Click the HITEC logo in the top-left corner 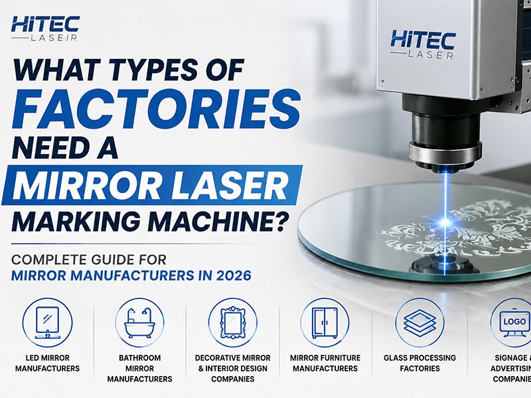pyautogui.click(x=45, y=29)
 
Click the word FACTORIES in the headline pyautogui.click(x=156, y=108)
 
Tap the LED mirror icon pyautogui.click(x=47, y=322)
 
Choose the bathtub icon pyautogui.click(x=139, y=322)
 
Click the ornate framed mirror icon pyautogui.click(x=233, y=322)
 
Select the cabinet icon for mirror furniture pyautogui.click(x=325, y=322)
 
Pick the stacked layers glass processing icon pyautogui.click(x=419, y=322)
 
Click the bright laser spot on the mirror pyautogui.click(x=446, y=222)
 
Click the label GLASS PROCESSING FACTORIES pyautogui.click(x=419, y=363)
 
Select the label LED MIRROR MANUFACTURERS pyautogui.click(x=47, y=363)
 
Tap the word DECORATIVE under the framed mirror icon pyautogui.click(x=219, y=358)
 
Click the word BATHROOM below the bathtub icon pyautogui.click(x=139, y=358)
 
